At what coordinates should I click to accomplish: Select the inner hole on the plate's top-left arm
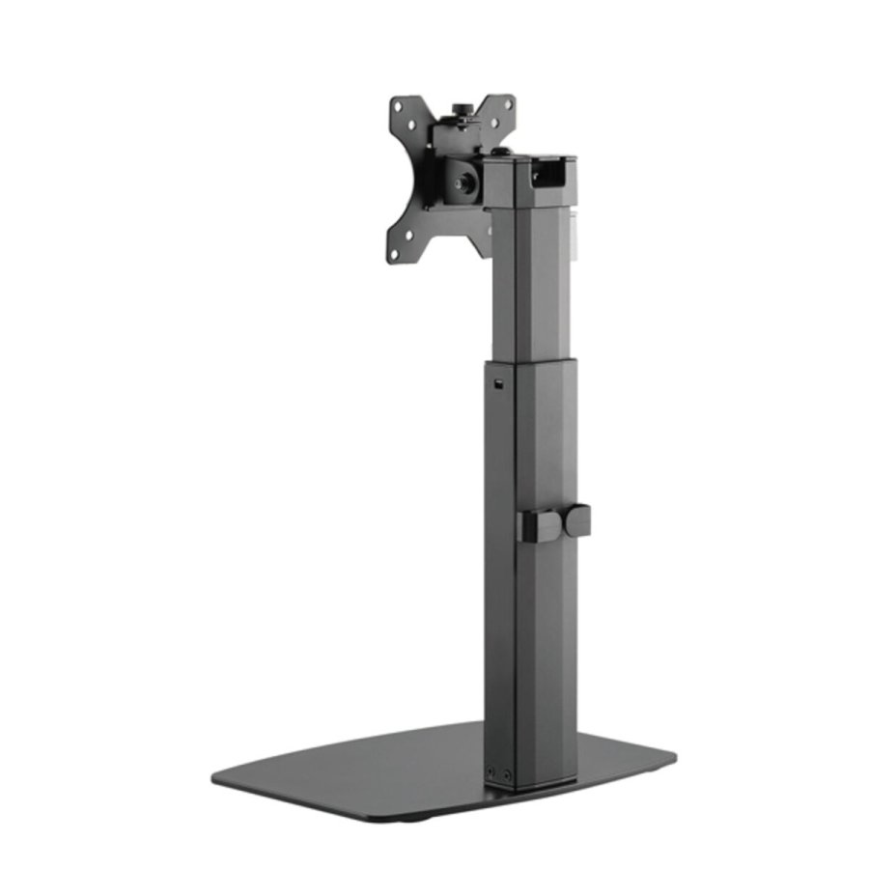(x=411, y=125)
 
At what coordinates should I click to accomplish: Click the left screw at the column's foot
(x=491, y=772)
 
